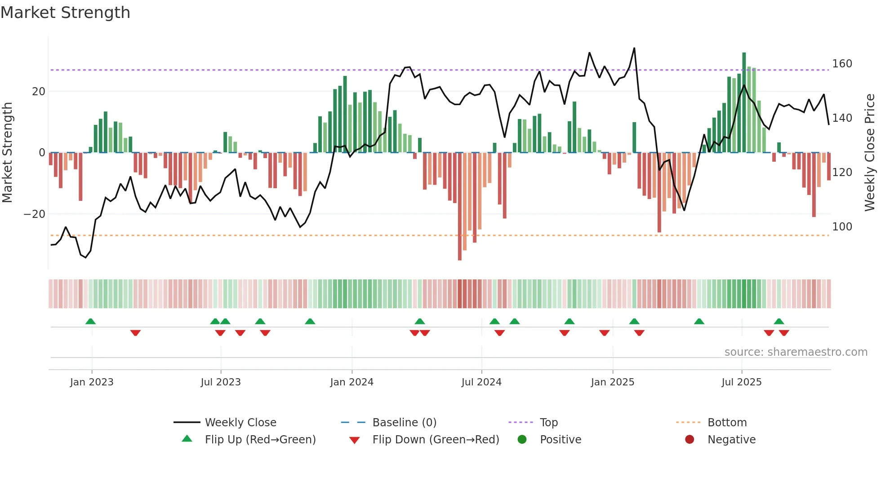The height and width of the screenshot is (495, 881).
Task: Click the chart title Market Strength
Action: click(x=65, y=13)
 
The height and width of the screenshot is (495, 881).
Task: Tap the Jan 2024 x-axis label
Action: click(x=352, y=382)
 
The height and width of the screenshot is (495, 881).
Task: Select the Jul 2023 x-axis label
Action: click(x=221, y=382)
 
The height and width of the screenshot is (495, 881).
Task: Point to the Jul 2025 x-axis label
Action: click(x=742, y=382)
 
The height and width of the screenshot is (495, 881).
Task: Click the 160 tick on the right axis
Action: click(x=842, y=64)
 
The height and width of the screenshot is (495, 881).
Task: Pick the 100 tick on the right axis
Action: click(x=842, y=227)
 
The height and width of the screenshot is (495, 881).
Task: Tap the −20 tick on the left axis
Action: click(x=34, y=214)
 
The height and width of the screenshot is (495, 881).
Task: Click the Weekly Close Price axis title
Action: click(x=870, y=153)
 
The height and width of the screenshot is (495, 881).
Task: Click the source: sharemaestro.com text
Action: click(x=796, y=352)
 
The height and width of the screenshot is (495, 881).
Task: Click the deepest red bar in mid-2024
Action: click(x=459, y=207)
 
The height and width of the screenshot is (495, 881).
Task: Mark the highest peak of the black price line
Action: click(x=634, y=49)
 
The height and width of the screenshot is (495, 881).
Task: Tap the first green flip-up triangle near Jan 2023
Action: click(x=90, y=321)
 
